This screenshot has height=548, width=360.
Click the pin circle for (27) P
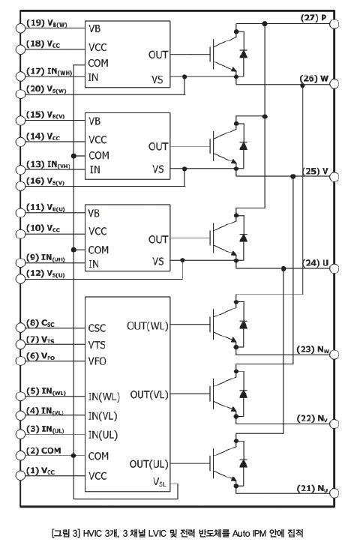point(334,24)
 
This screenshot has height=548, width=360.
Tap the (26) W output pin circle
point(334,84)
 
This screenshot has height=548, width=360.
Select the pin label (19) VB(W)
point(46,23)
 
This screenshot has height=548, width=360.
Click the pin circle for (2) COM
point(20,455)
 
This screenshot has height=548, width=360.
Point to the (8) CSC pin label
point(40,323)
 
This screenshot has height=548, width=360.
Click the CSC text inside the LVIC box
point(97,328)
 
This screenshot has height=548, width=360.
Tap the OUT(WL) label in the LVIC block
point(148,326)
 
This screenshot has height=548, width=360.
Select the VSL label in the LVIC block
point(160,482)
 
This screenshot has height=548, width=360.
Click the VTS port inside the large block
point(97,345)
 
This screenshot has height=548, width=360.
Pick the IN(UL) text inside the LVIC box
point(103,435)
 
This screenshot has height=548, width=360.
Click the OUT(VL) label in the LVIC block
point(149,395)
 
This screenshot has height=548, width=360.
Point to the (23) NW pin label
point(313,349)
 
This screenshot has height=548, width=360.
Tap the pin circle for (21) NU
point(334,493)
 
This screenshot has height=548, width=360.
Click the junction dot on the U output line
point(283,268)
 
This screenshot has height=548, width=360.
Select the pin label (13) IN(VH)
point(48,164)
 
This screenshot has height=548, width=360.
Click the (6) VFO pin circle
point(20,361)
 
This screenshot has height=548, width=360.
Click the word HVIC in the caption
point(92,533)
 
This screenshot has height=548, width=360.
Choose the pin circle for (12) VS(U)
point(20,279)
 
